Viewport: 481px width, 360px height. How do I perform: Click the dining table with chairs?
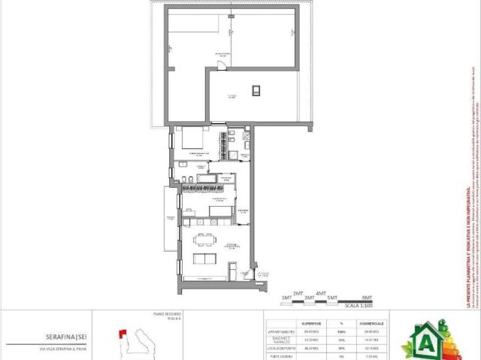(x=204, y=241)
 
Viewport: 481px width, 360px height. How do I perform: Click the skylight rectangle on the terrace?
(x=256, y=91)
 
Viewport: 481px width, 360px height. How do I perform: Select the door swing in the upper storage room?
(x=222, y=67)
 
